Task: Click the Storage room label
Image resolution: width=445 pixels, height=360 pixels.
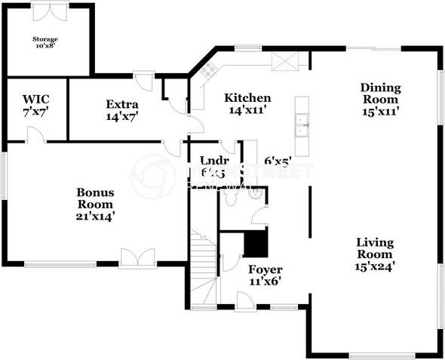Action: tap(44, 42)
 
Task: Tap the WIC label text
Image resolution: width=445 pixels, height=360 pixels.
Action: tap(35, 105)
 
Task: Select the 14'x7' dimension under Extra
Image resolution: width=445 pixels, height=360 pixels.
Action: tap(121, 116)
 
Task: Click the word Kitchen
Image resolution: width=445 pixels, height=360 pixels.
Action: tap(247, 98)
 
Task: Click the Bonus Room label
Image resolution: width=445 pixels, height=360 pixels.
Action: tap(95, 198)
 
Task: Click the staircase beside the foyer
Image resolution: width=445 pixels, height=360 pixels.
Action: tap(202, 268)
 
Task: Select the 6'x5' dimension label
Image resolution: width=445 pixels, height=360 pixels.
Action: tap(278, 161)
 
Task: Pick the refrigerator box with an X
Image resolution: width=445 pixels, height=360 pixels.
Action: tap(286, 60)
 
